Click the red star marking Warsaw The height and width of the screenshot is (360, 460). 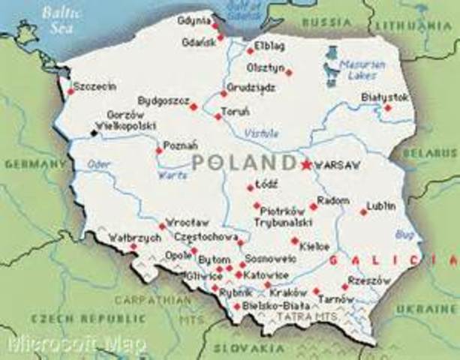point(305,165)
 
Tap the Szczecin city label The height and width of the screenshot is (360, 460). point(95,87)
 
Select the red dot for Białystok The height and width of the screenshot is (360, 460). point(388,108)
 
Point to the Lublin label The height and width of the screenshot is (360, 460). point(380,204)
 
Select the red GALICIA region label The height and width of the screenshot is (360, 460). point(381,259)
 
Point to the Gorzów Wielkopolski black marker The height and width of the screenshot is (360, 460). point(94,133)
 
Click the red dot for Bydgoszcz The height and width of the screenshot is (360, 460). point(193,107)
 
